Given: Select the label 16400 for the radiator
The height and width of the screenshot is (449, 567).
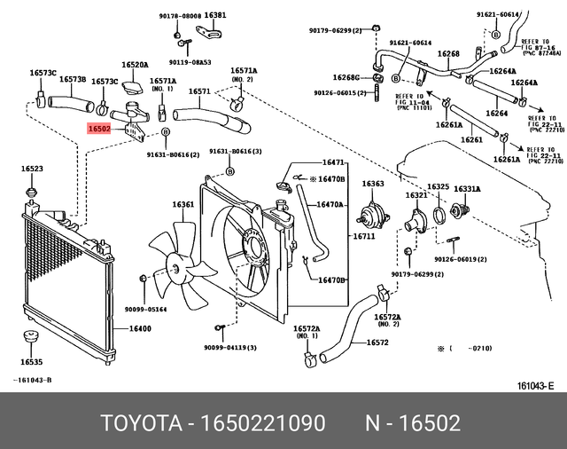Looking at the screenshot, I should coord(141,329).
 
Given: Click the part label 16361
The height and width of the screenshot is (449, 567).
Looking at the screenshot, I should coord(183,205).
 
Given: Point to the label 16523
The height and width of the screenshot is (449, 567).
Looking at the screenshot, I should coord(32,169).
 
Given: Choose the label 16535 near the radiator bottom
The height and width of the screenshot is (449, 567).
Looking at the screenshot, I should coord(32,362).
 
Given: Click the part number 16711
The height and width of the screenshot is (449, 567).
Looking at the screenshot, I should coord(365,237).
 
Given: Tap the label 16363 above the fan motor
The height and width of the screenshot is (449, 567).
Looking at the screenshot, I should coord(372,184).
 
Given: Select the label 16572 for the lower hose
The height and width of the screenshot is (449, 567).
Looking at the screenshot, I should coord(378,343).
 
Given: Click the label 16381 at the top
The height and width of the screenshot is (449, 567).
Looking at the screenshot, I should coord(215,15).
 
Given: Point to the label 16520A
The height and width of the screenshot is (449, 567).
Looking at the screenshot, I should coord(135,65).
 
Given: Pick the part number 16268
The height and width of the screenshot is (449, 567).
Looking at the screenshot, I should coord(449,54).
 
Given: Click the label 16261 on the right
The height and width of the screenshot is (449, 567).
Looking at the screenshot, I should coord(471,140).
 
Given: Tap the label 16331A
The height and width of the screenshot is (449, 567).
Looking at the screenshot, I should coord(467,188).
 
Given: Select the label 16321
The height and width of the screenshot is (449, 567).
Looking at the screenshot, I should coord(416,195).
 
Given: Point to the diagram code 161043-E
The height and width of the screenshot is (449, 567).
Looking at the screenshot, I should coord(535,384).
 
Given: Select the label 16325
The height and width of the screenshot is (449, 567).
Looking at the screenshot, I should coord(438,187).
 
